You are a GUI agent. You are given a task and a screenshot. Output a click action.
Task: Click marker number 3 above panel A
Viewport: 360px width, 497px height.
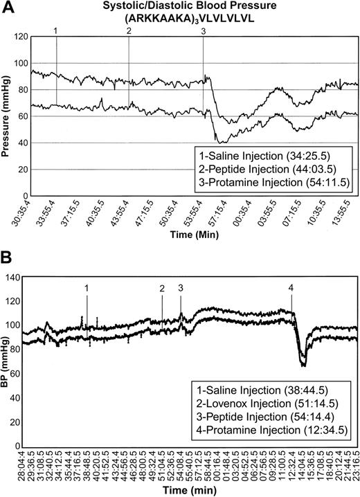point(202,31)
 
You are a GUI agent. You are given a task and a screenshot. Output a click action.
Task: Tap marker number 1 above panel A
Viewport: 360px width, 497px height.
point(56,31)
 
